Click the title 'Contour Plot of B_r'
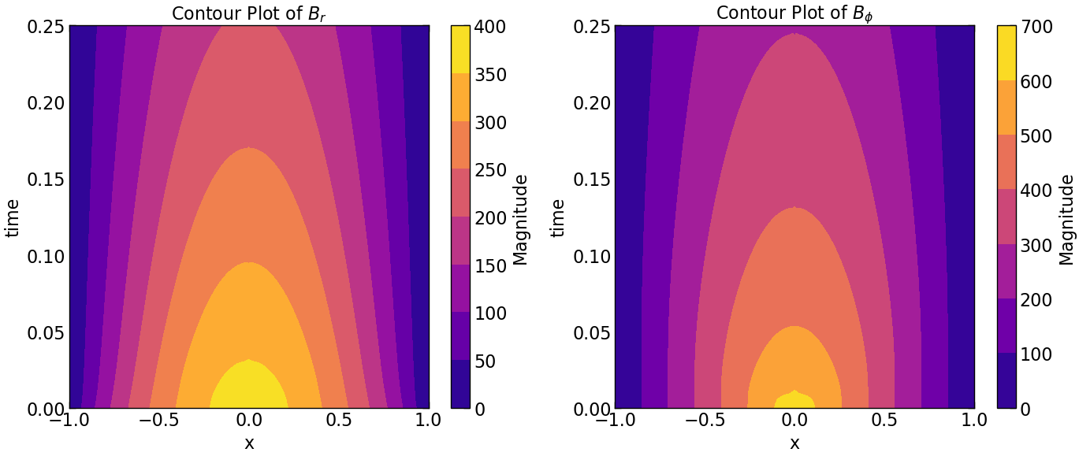click(x=249, y=13)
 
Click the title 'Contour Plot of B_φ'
click(x=794, y=13)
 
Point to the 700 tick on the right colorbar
click(x=1035, y=27)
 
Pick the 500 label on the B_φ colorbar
click(x=1035, y=136)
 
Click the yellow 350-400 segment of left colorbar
click(x=460, y=50)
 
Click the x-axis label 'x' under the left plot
click(x=249, y=443)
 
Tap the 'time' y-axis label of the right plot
click(x=558, y=217)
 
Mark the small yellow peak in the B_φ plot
click(x=795, y=401)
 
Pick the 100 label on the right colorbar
click(x=1035, y=354)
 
